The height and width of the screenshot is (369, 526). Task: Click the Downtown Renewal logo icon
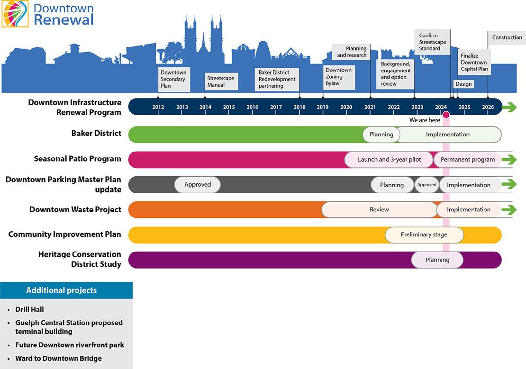[15, 14]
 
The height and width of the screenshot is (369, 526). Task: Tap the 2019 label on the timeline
[323, 107]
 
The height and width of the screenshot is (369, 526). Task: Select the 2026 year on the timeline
[488, 107]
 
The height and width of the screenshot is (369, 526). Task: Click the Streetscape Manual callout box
[221, 81]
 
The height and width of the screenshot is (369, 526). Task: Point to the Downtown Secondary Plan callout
[174, 79]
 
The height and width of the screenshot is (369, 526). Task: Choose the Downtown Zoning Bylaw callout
[339, 77]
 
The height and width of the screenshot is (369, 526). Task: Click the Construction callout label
[507, 38]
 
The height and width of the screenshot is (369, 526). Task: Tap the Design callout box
[464, 84]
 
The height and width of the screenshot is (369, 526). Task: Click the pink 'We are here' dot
[446, 115]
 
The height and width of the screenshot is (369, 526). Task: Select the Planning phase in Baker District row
[381, 135]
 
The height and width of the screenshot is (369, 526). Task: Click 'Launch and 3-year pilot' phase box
[389, 160]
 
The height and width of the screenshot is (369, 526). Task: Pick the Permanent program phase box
[468, 160]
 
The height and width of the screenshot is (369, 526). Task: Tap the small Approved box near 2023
[426, 185]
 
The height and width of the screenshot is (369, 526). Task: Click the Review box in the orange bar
[379, 209]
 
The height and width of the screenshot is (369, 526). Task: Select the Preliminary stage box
[424, 234]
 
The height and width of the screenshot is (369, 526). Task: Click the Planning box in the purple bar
[437, 260]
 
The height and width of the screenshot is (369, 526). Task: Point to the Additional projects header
[62, 290]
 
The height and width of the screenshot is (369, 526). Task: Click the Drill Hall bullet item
[29, 309]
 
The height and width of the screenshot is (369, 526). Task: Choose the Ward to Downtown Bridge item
[58, 359]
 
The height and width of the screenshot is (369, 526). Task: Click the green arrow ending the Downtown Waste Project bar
[509, 209]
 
